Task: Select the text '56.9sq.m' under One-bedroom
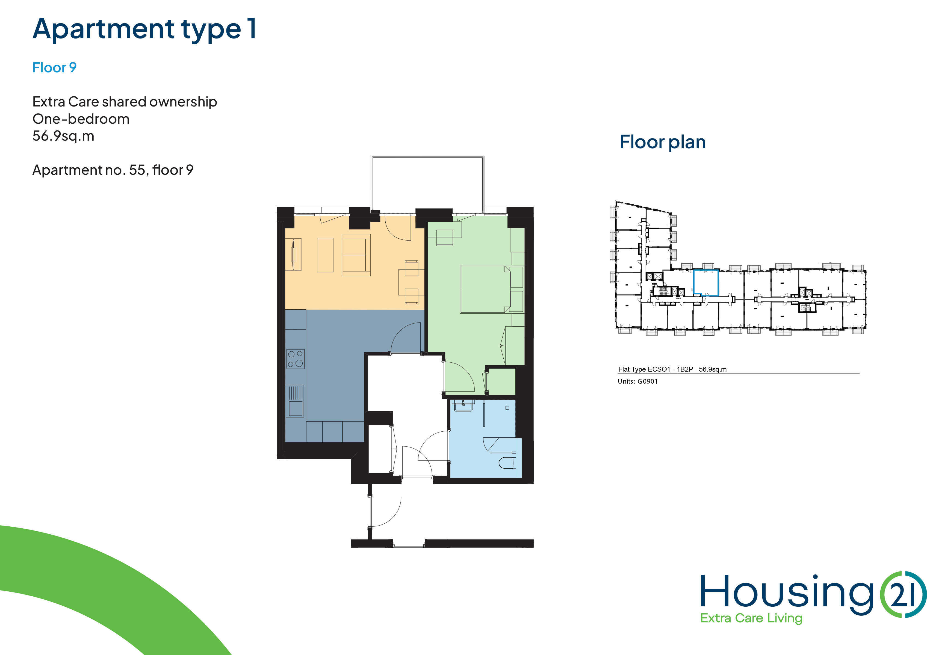[x=63, y=136]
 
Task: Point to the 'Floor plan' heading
[x=663, y=142]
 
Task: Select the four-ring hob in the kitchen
[x=296, y=359]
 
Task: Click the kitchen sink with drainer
[x=295, y=401]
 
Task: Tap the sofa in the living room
[x=356, y=255]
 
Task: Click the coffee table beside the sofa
[x=325, y=255]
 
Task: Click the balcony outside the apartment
[x=427, y=184]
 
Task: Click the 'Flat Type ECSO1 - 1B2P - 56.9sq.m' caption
[x=672, y=369]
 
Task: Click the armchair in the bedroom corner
[x=445, y=237]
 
